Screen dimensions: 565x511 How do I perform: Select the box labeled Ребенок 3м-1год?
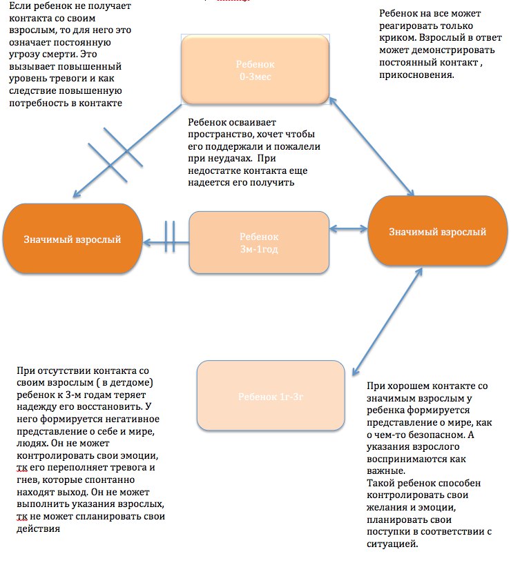(258, 242)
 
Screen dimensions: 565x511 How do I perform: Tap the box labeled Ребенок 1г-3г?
(271, 397)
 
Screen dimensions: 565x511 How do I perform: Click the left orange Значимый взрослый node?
(72, 239)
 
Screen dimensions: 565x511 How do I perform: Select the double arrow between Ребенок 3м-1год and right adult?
(349, 228)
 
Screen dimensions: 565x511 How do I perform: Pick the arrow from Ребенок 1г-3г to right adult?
(387, 318)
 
